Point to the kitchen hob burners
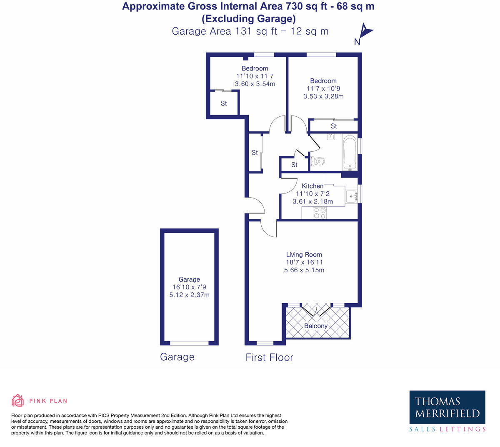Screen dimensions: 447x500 [x=320, y=213]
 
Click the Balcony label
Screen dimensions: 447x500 [x=315, y=326]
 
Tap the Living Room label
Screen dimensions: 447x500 [x=304, y=254]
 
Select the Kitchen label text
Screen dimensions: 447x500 [x=312, y=186]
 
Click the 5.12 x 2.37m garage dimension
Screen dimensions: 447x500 [x=189, y=295]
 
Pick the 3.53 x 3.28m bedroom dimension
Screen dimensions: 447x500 [x=323, y=96]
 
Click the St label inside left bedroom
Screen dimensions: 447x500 [x=224, y=103]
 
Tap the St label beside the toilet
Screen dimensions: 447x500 [x=294, y=165]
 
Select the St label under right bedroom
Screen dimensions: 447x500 [x=334, y=126]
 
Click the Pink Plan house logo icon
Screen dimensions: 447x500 [x=17, y=401]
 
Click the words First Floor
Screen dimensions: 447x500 [x=269, y=357]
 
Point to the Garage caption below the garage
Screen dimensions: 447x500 [x=177, y=357]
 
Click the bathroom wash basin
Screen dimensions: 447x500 [x=331, y=137]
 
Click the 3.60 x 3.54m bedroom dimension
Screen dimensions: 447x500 [x=255, y=84]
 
